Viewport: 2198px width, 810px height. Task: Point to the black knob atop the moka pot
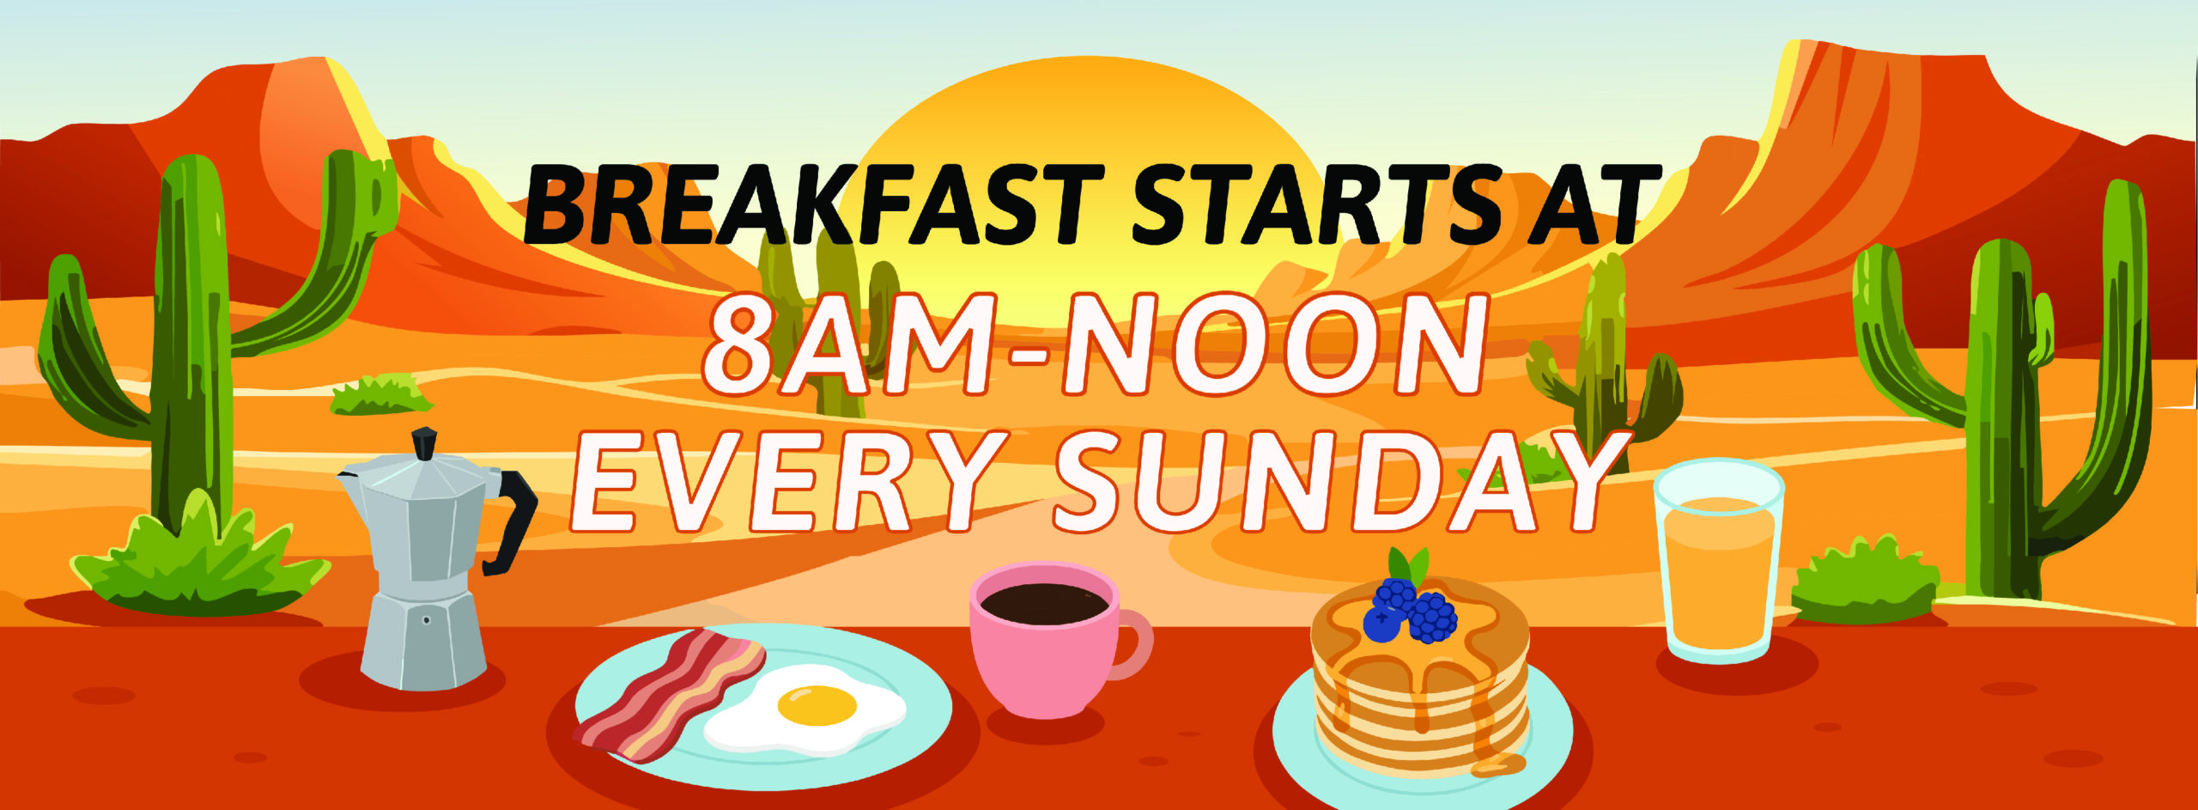click(424, 444)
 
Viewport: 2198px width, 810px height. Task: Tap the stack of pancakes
click(1421, 683)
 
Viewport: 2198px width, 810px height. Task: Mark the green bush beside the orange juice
click(1863, 581)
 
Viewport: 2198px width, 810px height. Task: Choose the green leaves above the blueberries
click(1409, 566)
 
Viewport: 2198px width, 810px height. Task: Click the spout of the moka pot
click(350, 481)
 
